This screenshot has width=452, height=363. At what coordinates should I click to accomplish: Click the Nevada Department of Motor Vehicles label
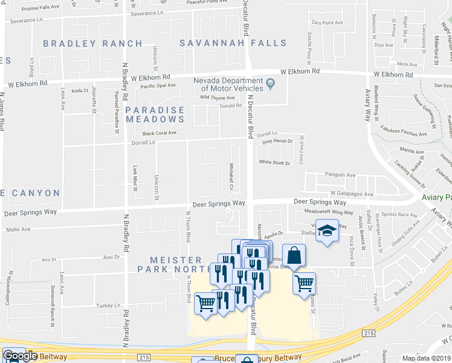tap(228, 86)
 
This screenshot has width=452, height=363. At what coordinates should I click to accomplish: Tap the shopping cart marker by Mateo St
tap(304, 283)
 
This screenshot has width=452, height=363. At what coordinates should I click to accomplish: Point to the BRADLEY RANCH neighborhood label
tap(92, 44)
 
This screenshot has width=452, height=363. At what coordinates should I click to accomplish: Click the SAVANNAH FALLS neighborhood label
tap(233, 44)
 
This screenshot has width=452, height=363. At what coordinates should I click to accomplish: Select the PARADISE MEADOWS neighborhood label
tap(155, 114)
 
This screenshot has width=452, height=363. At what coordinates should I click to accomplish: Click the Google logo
tap(19, 356)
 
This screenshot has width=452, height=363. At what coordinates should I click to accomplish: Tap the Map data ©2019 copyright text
tap(427, 358)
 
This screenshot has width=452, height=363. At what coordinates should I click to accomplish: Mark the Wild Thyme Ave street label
tap(217, 97)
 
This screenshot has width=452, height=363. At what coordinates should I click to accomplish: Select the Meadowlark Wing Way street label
tap(329, 212)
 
